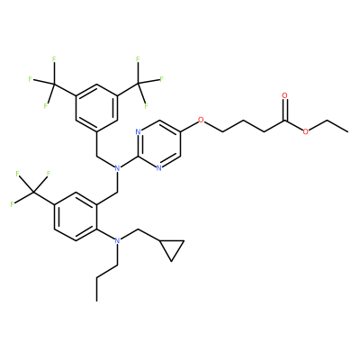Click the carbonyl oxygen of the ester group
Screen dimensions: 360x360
coord(284,95)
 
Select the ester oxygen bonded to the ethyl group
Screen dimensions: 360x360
coord(306,131)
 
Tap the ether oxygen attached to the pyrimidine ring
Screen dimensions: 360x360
coord(201,120)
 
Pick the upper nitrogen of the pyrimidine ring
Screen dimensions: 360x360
coord(138,131)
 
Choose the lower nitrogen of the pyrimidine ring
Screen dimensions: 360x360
coord(159,168)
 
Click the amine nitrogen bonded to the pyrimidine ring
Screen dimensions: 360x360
coord(117,168)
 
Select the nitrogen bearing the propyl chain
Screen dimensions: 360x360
coord(117,240)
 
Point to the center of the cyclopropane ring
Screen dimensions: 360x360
coord(172,247)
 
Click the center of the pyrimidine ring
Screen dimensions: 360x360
coord(159,144)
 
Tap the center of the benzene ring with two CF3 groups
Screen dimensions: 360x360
coord(96,108)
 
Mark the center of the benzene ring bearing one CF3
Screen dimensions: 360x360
coord(76,216)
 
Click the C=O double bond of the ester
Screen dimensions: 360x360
coord(284,111)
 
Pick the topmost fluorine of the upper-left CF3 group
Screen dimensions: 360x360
coord(54,59)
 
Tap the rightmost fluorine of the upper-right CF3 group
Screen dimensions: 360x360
coord(161,79)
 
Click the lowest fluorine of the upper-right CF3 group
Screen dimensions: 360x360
coord(147,105)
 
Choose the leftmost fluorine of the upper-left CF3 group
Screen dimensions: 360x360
coord(30,79)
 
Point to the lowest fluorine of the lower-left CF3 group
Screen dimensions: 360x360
coord(12,204)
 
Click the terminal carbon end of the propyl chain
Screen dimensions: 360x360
coord(96,301)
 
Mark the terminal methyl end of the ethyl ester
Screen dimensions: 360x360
coord(347,131)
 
